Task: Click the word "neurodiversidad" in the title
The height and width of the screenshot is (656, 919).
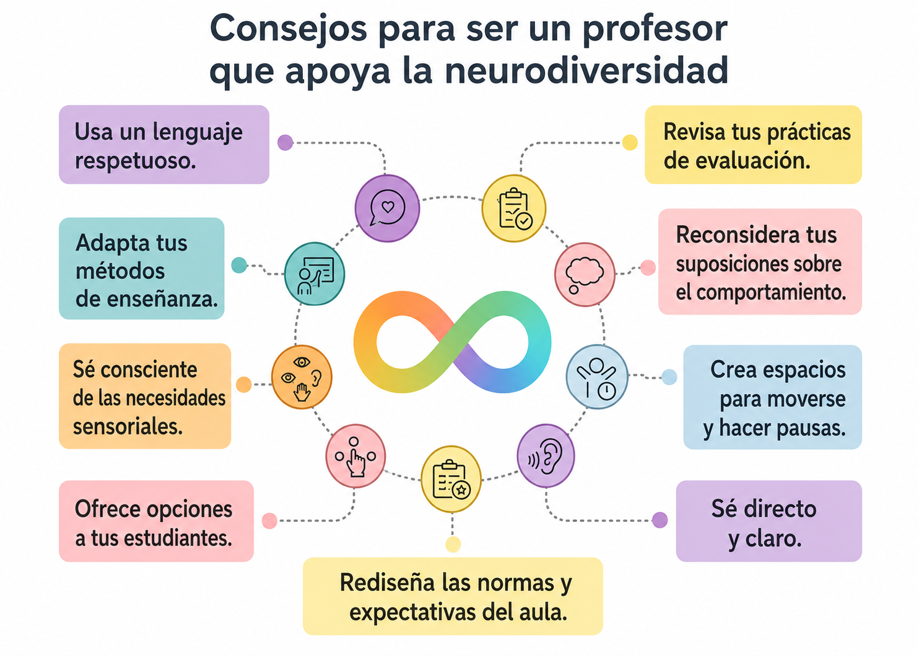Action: [x=586, y=71]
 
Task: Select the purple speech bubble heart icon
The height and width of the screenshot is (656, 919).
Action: [x=387, y=208]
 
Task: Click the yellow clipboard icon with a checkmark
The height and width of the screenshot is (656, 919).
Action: [x=513, y=208]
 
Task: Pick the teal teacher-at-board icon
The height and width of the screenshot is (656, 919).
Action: [x=315, y=274]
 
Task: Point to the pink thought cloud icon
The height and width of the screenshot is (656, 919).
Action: [x=585, y=274]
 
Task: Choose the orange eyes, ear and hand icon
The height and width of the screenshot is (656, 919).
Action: [x=302, y=377]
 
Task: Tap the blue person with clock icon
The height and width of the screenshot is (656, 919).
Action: [x=597, y=377]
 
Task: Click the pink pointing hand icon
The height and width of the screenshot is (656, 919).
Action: [x=355, y=455]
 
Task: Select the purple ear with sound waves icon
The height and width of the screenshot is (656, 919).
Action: [x=546, y=455]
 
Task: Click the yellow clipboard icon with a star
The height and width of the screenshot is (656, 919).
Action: [x=451, y=479]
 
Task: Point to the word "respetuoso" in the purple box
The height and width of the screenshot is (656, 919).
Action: [x=136, y=161]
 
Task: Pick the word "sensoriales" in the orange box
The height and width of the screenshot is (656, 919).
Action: [x=128, y=426]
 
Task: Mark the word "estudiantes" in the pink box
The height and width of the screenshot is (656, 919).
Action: [x=178, y=538]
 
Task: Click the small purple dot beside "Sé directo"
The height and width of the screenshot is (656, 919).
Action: [x=660, y=520]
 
